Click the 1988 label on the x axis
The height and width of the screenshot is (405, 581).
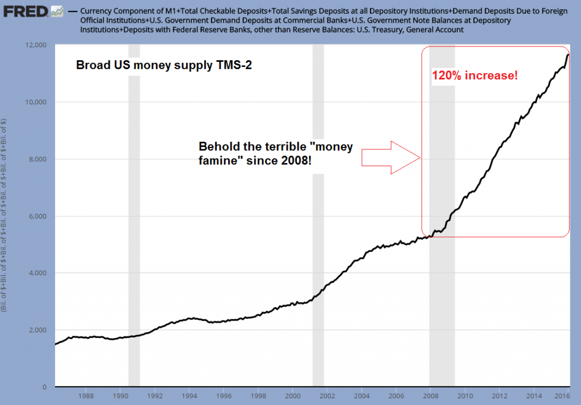point(86,396)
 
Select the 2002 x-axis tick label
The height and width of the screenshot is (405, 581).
point(327,396)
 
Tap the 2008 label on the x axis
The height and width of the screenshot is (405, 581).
point(430,396)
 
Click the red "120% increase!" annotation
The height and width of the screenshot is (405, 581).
point(475,75)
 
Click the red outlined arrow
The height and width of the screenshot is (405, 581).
point(390,158)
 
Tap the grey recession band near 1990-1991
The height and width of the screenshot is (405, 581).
point(134,227)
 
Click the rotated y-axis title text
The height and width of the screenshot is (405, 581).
point(5,216)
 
